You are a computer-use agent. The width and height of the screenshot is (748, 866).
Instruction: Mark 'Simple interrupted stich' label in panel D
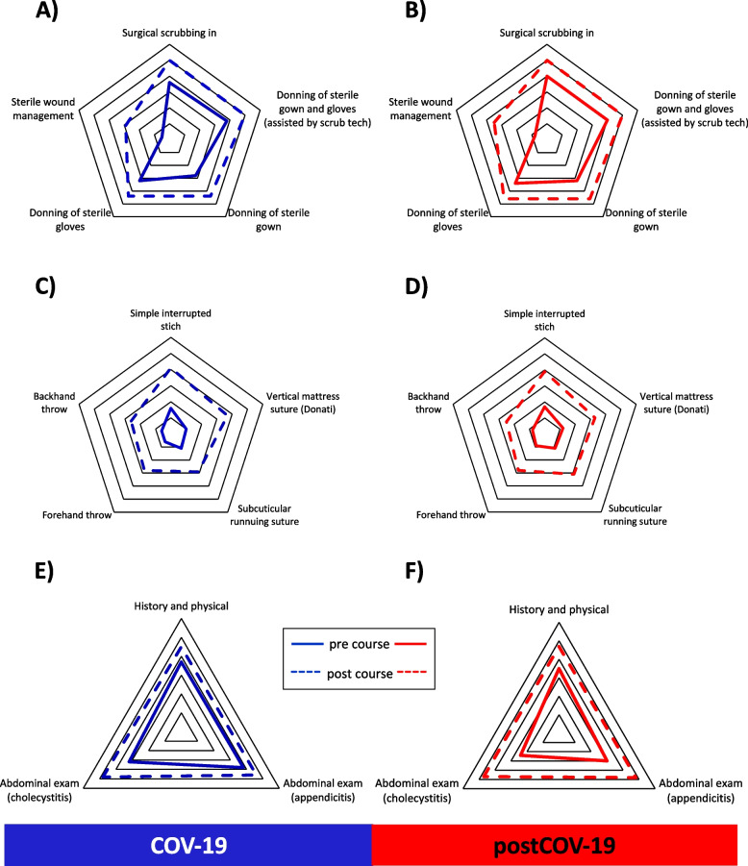pos(545,321)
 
